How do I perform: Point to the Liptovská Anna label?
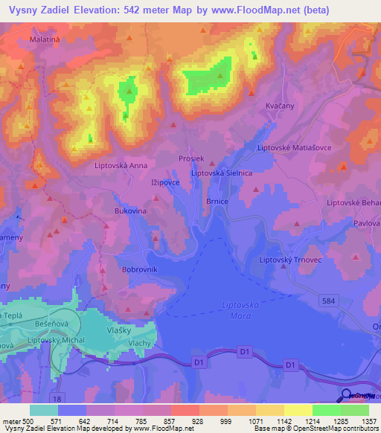[x=121, y=166]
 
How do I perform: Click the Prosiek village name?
[x=191, y=159]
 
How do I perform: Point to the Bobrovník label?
[x=139, y=269]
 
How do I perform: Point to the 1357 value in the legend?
[x=368, y=421]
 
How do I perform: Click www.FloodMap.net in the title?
[x=254, y=10]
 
